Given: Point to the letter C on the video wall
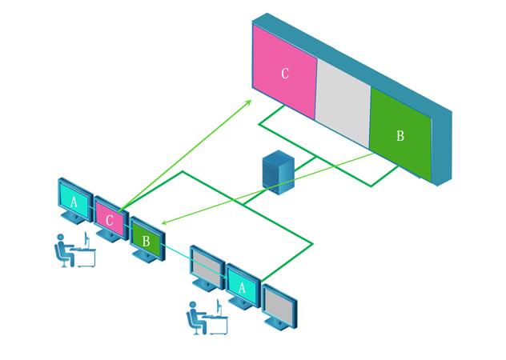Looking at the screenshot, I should click(x=285, y=74).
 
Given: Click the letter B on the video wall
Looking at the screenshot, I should click(x=400, y=136).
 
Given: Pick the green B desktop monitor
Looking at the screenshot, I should click(x=147, y=238).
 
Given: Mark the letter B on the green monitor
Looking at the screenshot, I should click(x=146, y=239).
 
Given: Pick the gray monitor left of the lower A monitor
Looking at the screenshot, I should click(x=207, y=266).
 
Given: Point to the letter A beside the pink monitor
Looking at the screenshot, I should click(x=74, y=202).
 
